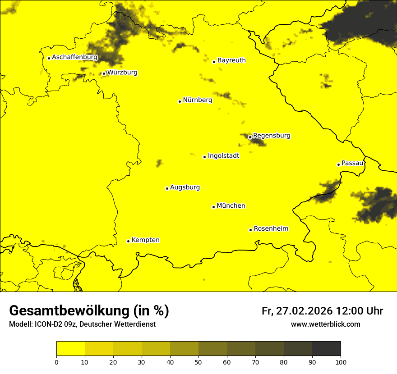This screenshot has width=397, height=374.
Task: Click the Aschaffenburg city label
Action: click(74, 57)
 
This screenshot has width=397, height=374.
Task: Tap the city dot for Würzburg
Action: click(104, 73)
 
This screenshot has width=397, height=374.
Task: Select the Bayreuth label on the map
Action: click(231, 60)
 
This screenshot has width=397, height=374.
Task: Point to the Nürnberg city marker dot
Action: click(180, 101)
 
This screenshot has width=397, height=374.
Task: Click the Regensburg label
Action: click(272, 135)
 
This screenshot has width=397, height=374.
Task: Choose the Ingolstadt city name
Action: click(223, 156)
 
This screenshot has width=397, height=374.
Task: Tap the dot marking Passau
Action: click(338, 164)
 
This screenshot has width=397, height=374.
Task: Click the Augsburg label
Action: click(185, 187)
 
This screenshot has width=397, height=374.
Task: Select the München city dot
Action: click(213, 207)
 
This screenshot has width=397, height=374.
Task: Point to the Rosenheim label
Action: click(271, 229)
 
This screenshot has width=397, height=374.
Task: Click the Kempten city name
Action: click(145, 240)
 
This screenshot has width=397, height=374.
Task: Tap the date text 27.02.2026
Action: click(304, 311)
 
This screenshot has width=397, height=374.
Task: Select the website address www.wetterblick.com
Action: click(325, 324)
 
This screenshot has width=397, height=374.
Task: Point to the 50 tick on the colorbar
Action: click(198, 361)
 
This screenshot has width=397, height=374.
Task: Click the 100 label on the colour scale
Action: click(341, 361)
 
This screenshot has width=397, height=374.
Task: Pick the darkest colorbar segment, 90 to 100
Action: click(326, 349)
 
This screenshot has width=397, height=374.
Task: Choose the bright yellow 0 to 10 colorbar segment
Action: click(70, 349)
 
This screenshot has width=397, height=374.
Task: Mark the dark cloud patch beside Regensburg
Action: click(258, 142)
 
